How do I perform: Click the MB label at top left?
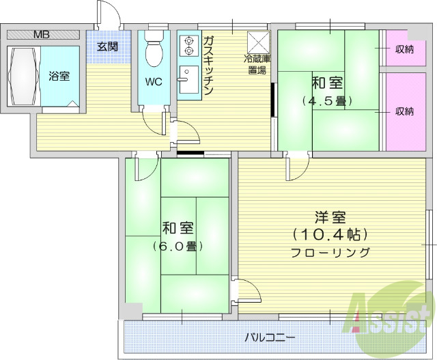coord(43,33)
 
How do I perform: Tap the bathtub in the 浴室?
coord(24,75)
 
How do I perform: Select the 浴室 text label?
coord(58,76)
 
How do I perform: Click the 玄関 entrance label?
coord(107,47)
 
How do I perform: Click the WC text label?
coord(154,83)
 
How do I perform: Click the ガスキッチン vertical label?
coord(209,66)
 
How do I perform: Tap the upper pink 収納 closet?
coord(404,49)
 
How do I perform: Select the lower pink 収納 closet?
coord(404,111)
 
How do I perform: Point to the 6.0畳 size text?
coord(176,245)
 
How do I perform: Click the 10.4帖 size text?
coord(330,234)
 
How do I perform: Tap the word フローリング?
coord(330,252)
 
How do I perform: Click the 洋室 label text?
coord(330,218)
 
